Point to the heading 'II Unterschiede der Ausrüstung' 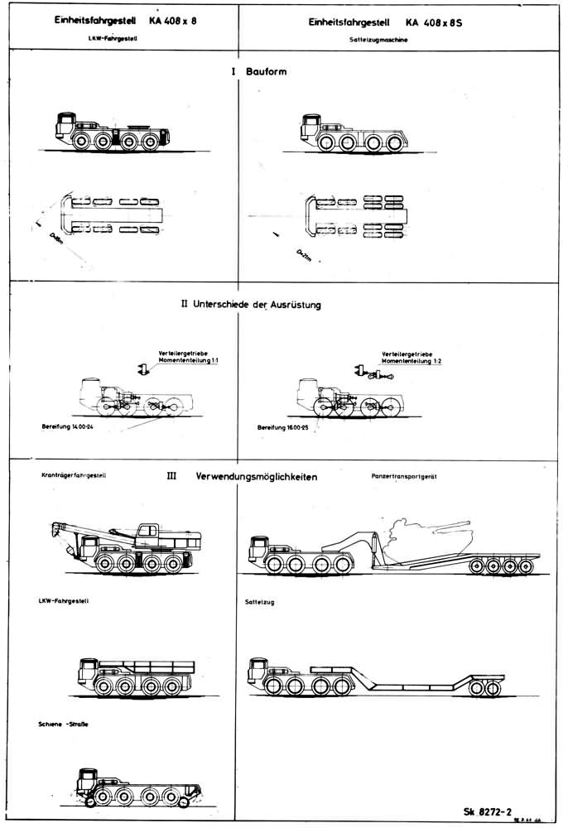coord(250,305)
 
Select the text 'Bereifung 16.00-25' coord(287,429)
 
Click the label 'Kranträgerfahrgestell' coord(73,476)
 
